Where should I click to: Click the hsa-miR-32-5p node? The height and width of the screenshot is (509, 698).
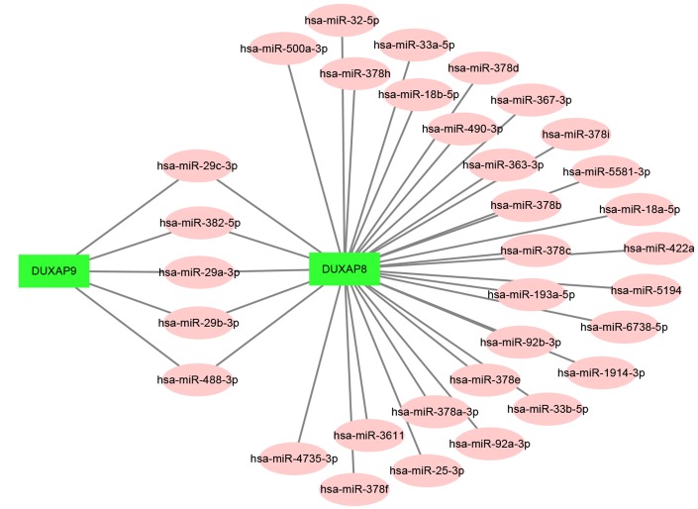point(343,20)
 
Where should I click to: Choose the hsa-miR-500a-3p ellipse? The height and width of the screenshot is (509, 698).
point(284,48)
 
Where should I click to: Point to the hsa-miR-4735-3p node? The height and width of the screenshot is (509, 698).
point(294,458)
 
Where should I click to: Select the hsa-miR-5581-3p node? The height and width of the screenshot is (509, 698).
point(611,171)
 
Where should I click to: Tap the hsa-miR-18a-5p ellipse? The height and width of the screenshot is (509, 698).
point(643,210)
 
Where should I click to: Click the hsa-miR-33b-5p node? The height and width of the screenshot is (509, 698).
point(548,408)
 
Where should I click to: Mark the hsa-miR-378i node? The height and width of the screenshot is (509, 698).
point(577,136)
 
